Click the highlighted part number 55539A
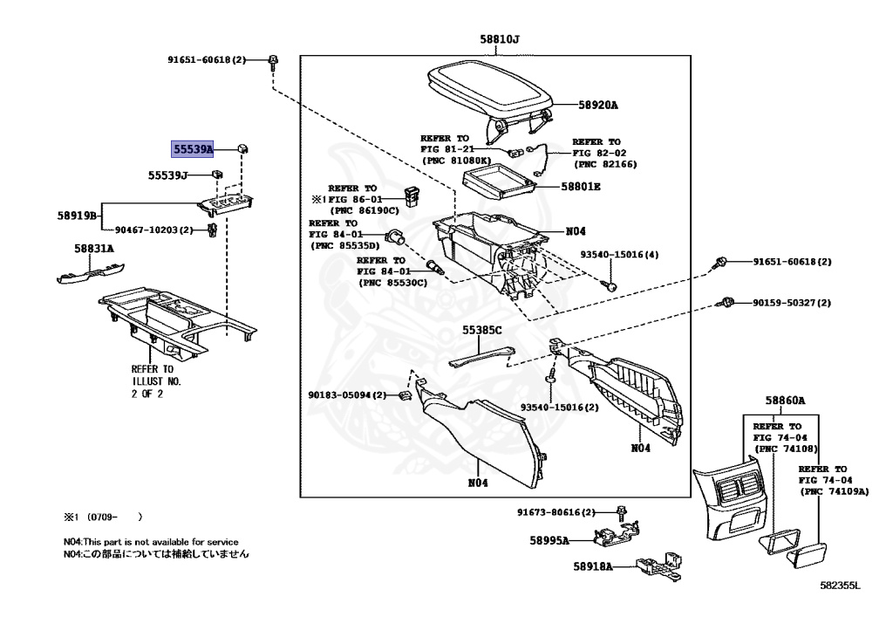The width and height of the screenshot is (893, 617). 193,150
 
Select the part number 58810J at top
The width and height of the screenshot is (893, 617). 499,39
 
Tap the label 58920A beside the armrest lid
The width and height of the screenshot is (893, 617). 597,106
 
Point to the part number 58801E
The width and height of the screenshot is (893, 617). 581,187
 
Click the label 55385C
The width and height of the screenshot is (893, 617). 482,332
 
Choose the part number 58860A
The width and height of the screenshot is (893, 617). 785,401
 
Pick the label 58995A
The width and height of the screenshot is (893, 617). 548,540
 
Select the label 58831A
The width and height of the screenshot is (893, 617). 94,249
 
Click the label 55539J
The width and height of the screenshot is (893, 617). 167,175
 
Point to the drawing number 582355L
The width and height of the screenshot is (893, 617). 840,586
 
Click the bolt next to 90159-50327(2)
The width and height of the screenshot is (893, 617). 724,303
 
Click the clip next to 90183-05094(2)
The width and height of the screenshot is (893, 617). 405,395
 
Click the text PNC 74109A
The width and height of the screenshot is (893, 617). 835,492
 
